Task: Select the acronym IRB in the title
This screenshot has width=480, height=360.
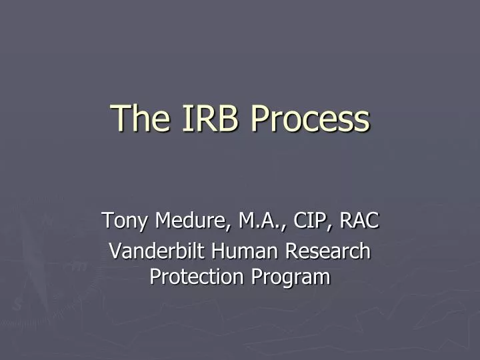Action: point(201,118)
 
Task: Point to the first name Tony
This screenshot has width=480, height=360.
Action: point(125,219)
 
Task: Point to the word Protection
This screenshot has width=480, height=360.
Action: point(191,276)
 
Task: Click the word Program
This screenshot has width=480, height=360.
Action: point(289,276)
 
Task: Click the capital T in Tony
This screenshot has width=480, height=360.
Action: point(107,219)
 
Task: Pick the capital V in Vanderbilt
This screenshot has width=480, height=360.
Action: point(114,251)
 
